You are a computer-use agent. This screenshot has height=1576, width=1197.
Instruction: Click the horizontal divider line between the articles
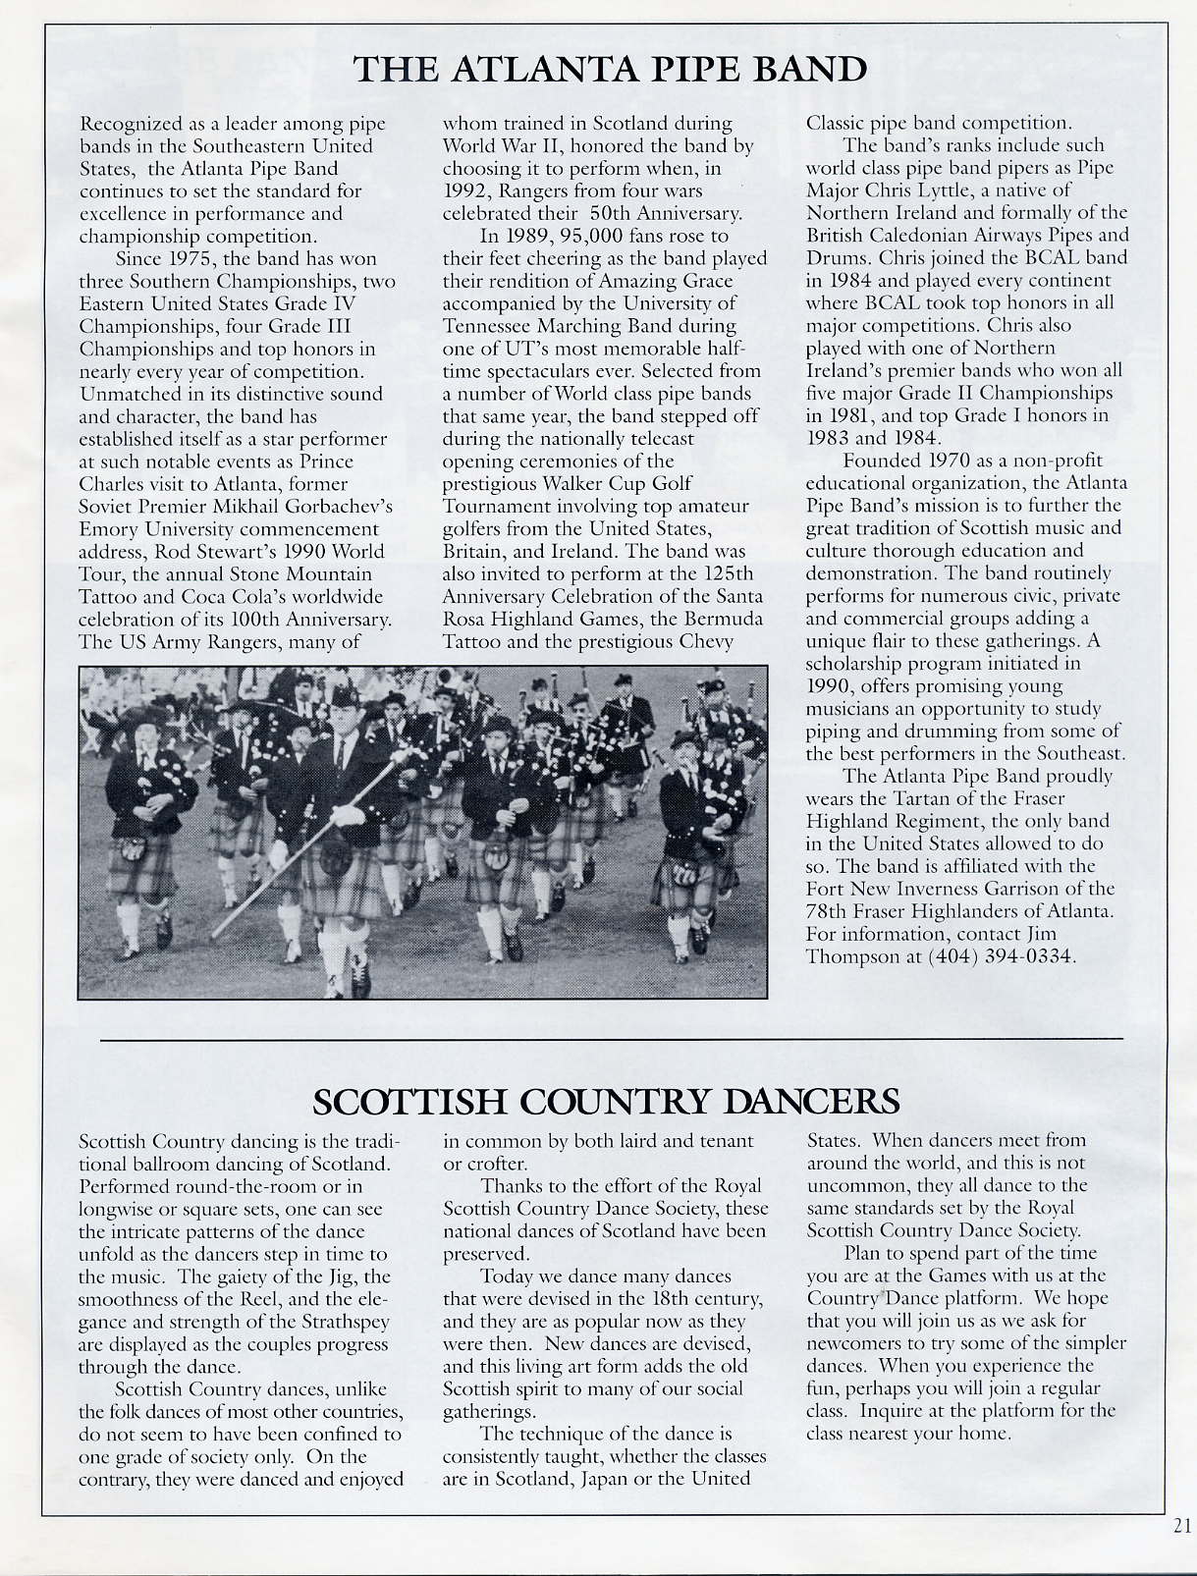coord(611,1038)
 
